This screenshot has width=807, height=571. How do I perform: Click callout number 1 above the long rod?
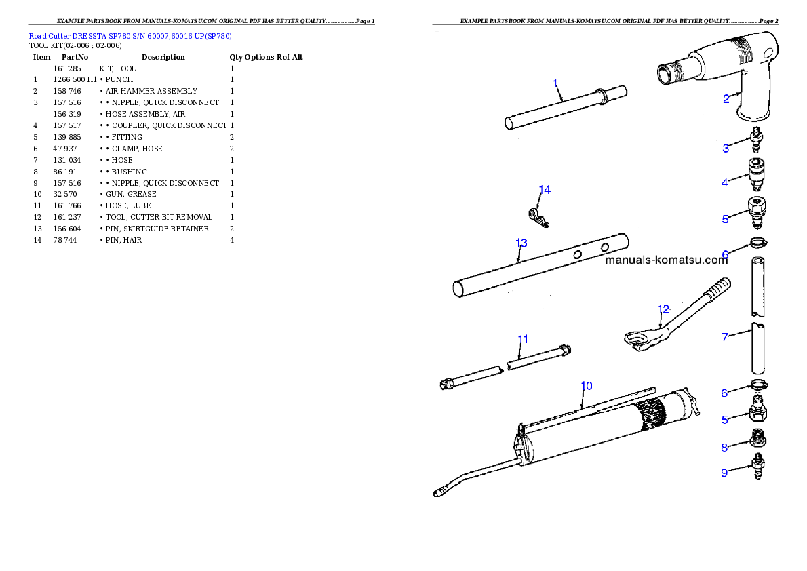[555, 83]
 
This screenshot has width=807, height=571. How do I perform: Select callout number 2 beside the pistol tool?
[726, 99]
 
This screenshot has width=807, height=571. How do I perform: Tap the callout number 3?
[725, 148]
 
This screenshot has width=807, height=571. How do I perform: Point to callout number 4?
[725, 182]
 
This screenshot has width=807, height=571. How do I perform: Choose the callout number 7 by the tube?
[725, 336]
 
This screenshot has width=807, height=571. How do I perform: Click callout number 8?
[724, 448]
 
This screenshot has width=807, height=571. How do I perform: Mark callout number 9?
[724, 473]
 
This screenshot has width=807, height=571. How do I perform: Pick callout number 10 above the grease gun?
[587, 386]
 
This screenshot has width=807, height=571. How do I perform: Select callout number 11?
[523, 338]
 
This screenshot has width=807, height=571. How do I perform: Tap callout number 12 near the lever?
[663, 309]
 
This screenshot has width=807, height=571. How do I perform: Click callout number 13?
[521, 243]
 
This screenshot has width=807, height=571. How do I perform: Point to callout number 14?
[545, 190]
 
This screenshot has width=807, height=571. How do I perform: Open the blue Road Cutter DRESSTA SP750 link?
[130, 36]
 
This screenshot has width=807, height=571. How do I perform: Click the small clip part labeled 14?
[538, 217]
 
